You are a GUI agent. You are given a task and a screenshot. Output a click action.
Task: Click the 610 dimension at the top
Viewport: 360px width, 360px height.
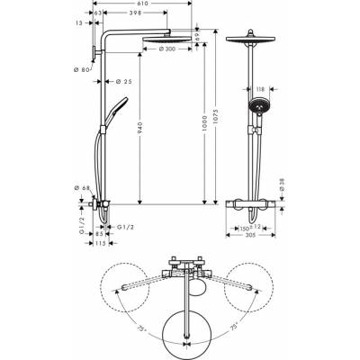(x=144, y=5)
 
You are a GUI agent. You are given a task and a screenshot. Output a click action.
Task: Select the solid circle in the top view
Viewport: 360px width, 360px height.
(x=186, y=323)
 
